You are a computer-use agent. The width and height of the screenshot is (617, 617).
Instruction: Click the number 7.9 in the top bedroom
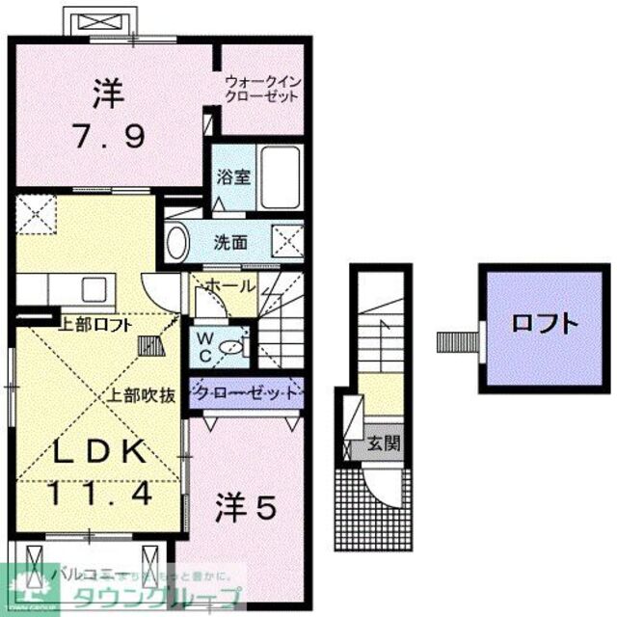tap(108, 136)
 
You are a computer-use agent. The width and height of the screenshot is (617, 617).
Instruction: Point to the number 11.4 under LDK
tap(100, 495)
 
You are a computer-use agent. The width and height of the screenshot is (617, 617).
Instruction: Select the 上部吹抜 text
tap(139, 392)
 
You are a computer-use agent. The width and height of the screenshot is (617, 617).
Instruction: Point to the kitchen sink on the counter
tap(95, 287)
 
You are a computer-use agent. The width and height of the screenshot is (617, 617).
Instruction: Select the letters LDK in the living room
tap(100, 451)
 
